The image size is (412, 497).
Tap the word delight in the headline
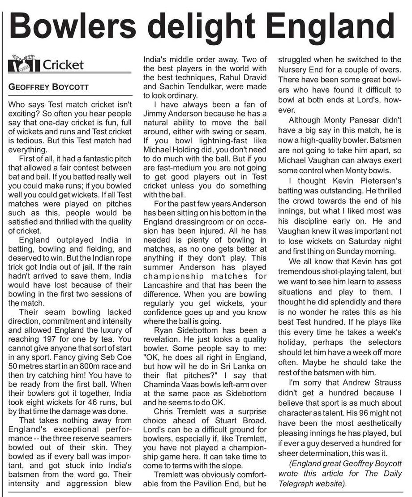pyautogui.click(x=211, y=26)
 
